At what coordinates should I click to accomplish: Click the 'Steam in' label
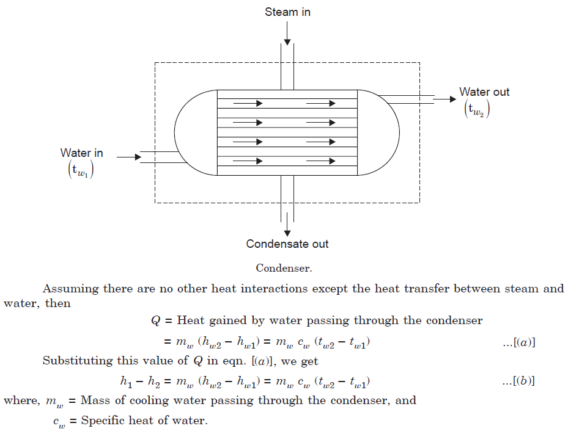click(x=287, y=12)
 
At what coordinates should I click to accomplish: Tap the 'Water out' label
click(x=484, y=92)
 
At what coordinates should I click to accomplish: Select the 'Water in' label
click(x=81, y=153)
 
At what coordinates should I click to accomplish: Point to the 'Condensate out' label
click(x=287, y=244)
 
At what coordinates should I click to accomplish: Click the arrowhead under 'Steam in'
click(x=287, y=41)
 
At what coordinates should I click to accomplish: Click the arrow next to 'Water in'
click(x=128, y=157)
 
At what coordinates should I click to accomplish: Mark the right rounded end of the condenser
click(x=379, y=132)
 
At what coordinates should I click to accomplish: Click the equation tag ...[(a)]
click(x=518, y=344)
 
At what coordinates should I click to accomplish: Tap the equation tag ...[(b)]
click(x=518, y=382)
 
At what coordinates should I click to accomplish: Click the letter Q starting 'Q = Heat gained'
click(x=155, y=320)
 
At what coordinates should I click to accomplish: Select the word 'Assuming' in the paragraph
click(x=67, y=289)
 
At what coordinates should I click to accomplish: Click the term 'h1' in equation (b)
click(x=125, y=382)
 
